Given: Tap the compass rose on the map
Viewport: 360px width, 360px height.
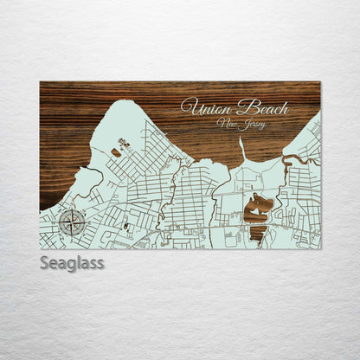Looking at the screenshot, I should point(73,223).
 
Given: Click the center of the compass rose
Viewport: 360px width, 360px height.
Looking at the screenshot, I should point(73,223).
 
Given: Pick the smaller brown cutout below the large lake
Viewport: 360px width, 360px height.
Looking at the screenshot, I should point(257,231).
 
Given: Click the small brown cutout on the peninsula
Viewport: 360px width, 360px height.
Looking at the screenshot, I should point(115,152).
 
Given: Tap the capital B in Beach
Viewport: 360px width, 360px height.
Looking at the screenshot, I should point(245,106).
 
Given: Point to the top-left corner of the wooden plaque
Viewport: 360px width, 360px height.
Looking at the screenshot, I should point(40,82).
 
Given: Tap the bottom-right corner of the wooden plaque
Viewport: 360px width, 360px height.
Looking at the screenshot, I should point(320,248).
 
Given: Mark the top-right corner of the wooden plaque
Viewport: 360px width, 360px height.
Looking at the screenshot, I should point(320,82).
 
